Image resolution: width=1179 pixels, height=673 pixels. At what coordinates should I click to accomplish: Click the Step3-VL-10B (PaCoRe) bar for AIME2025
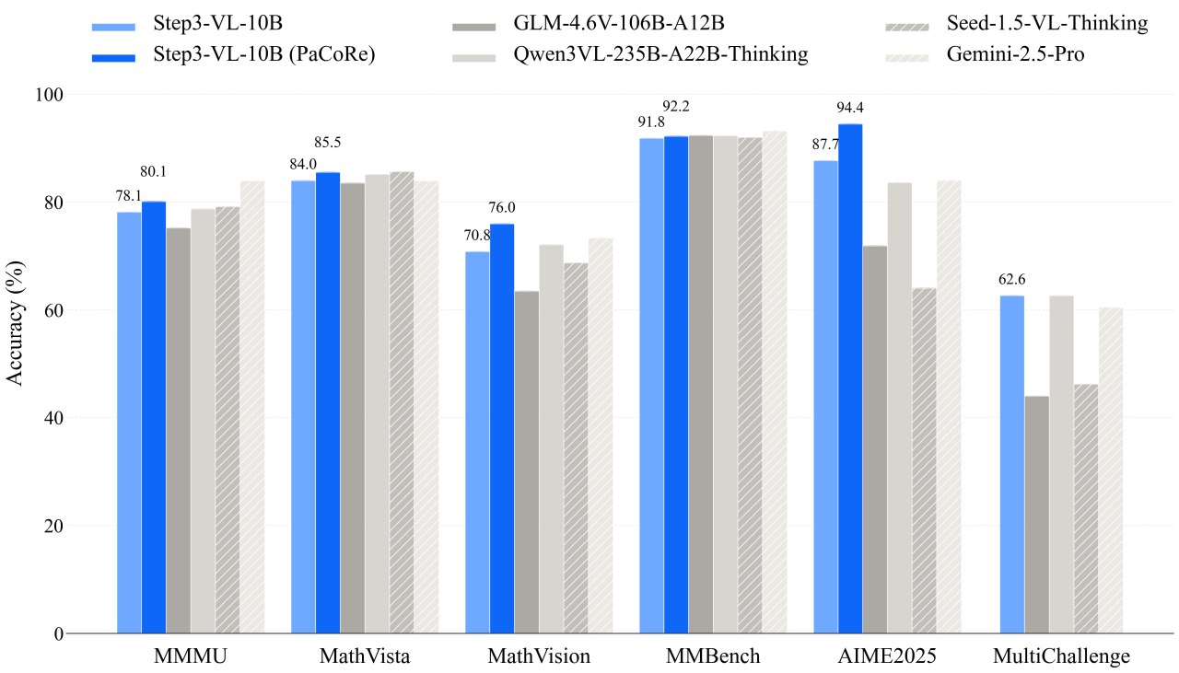(850, 377)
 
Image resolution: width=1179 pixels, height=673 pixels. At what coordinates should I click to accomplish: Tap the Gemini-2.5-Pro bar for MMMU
(252, 406)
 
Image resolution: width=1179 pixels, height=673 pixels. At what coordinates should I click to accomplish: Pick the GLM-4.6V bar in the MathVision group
(527, 461)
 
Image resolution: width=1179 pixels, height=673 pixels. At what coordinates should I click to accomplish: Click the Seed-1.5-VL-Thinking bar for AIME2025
(924, 460)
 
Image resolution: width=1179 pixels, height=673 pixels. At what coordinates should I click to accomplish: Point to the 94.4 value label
(850, 108)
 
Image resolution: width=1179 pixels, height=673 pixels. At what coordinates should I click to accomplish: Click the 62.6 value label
(1012, 279)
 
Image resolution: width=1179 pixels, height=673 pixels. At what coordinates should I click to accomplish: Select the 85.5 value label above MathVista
(328, 143)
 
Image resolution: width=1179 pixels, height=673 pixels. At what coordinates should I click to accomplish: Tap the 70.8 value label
(477, 235)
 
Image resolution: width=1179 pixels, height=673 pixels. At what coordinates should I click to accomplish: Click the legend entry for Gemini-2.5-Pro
(1016, 54)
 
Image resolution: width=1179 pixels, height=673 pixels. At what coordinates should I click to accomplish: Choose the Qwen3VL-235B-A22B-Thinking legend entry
(661, 54)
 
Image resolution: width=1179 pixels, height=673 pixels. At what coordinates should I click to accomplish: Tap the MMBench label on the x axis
(714, 656)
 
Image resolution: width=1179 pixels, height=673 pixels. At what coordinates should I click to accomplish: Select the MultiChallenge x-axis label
(1061, 656)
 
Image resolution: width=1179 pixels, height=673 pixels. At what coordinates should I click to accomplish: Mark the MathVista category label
(365, 656)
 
